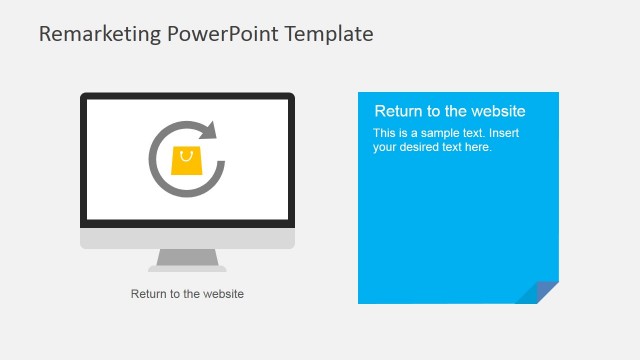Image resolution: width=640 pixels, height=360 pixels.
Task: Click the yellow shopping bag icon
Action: pos(187,161)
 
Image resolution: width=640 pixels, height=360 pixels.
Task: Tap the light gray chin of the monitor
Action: pos(187,239)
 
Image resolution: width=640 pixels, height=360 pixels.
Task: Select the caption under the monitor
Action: pos(187,294)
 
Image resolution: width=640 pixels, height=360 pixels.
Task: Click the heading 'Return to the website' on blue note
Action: pos(449,111)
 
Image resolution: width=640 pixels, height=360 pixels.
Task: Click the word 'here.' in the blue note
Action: pos(479,147)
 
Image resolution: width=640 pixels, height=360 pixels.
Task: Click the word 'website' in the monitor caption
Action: pos(222,294)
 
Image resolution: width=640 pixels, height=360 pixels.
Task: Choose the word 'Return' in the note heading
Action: pos(398,111)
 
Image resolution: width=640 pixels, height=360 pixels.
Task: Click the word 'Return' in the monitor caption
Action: pos(148,294)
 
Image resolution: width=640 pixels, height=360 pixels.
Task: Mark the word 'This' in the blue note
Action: pos(384,133)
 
